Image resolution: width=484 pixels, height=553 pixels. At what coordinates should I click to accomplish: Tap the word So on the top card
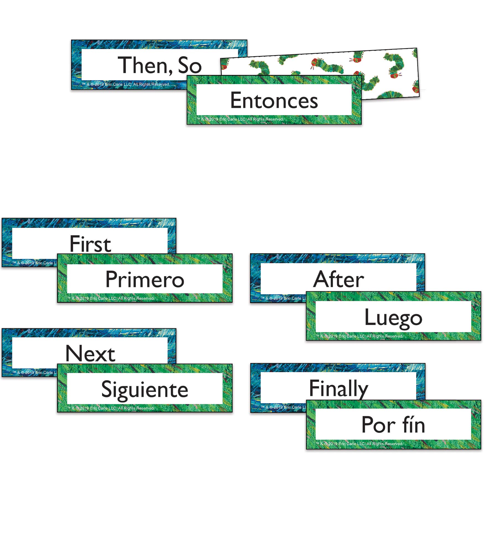[190, 65]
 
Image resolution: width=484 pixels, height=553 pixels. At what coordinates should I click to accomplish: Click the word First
[90, 244]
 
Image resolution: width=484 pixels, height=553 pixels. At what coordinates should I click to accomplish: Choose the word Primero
[145, 280]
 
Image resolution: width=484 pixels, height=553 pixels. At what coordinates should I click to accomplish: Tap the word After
[339, 279]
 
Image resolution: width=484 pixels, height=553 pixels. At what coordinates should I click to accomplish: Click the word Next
[90, 353]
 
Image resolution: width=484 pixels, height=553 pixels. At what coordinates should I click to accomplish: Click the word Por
[379, 425]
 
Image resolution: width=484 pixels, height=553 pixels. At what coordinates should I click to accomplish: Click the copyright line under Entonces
[240, 119]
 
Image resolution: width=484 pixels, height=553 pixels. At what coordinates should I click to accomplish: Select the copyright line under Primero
[111, 298]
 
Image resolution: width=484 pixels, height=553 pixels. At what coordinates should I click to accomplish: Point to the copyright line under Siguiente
[111, 408]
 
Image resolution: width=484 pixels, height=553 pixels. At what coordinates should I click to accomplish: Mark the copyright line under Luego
[359, 336]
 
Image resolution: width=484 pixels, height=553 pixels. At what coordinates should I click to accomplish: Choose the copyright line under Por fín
[359, 444]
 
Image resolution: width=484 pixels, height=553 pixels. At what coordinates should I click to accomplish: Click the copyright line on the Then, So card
[126, 84]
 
